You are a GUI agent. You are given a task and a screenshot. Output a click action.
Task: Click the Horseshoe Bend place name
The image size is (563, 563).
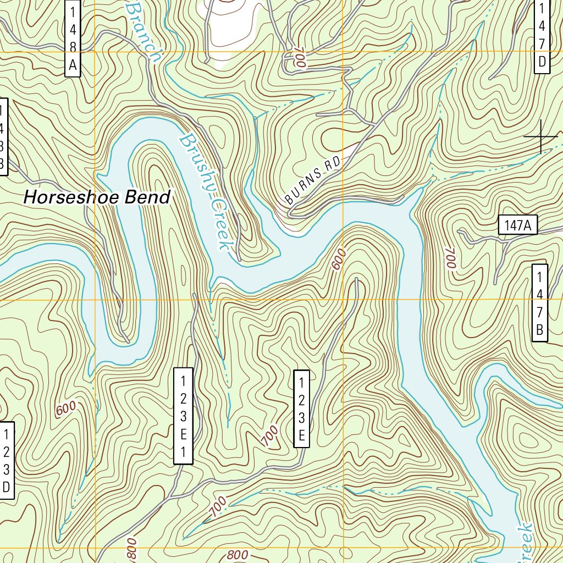[97, 197]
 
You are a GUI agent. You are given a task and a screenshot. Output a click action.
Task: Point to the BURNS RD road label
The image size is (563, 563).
[313, 181]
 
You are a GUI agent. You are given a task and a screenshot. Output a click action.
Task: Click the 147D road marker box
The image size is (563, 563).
[542, 35]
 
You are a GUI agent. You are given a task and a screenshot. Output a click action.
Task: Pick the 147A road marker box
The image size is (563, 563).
[517, 225]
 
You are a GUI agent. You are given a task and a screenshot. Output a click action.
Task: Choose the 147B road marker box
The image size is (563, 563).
[539, 303]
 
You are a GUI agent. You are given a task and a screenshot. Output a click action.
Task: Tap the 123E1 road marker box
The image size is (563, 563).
[184, 416]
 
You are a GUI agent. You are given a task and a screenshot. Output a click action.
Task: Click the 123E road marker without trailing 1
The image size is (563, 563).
[301, 409]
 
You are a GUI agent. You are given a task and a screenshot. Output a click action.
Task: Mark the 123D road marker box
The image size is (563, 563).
[6, 460]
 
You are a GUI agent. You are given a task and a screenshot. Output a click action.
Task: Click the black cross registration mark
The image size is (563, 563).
[541, 136]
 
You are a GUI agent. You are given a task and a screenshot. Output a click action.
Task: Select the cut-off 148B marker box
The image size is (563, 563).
[3, 137]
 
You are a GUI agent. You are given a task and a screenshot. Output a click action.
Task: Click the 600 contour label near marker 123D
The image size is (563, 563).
[65, 409]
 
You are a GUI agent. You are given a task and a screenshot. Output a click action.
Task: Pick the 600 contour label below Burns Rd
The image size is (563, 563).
[339, 259]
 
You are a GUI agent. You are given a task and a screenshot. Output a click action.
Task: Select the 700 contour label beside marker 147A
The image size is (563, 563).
[451, 258]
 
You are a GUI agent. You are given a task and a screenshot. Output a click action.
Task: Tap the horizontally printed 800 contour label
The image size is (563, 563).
[238, 555]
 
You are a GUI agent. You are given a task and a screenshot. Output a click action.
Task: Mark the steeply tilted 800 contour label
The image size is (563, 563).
[131, 550]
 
